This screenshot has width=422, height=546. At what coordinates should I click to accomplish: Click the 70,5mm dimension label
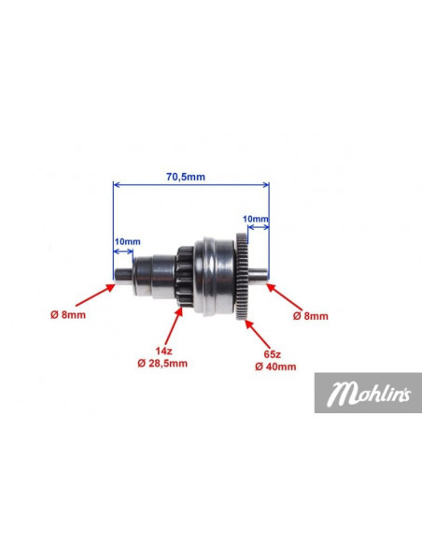pyautogui.click(x=186, y=177)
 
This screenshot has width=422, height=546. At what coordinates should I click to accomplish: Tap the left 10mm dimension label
pyautogui.click(x=128, y=241)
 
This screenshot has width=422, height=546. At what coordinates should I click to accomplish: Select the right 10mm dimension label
pyautogui.click(x=256, y=219)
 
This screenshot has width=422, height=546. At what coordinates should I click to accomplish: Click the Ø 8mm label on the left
pyautogui.click(x=68, y=315)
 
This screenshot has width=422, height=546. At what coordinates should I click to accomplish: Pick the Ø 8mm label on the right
pyautogui.click(x=310, y=316)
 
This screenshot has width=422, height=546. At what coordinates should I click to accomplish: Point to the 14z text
pyautogui.click(x=163, y=351)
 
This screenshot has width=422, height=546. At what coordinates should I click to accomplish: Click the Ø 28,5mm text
pyautogui.click(x=162, y=363)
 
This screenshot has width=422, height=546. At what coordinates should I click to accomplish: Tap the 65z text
pyautogui.click(x=273, y=354)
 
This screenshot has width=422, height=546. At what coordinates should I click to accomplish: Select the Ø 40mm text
pyautogui.click(x=275, y=366)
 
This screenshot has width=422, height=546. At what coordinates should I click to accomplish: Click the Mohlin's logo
pyautogui.click(x=368, y=393)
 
